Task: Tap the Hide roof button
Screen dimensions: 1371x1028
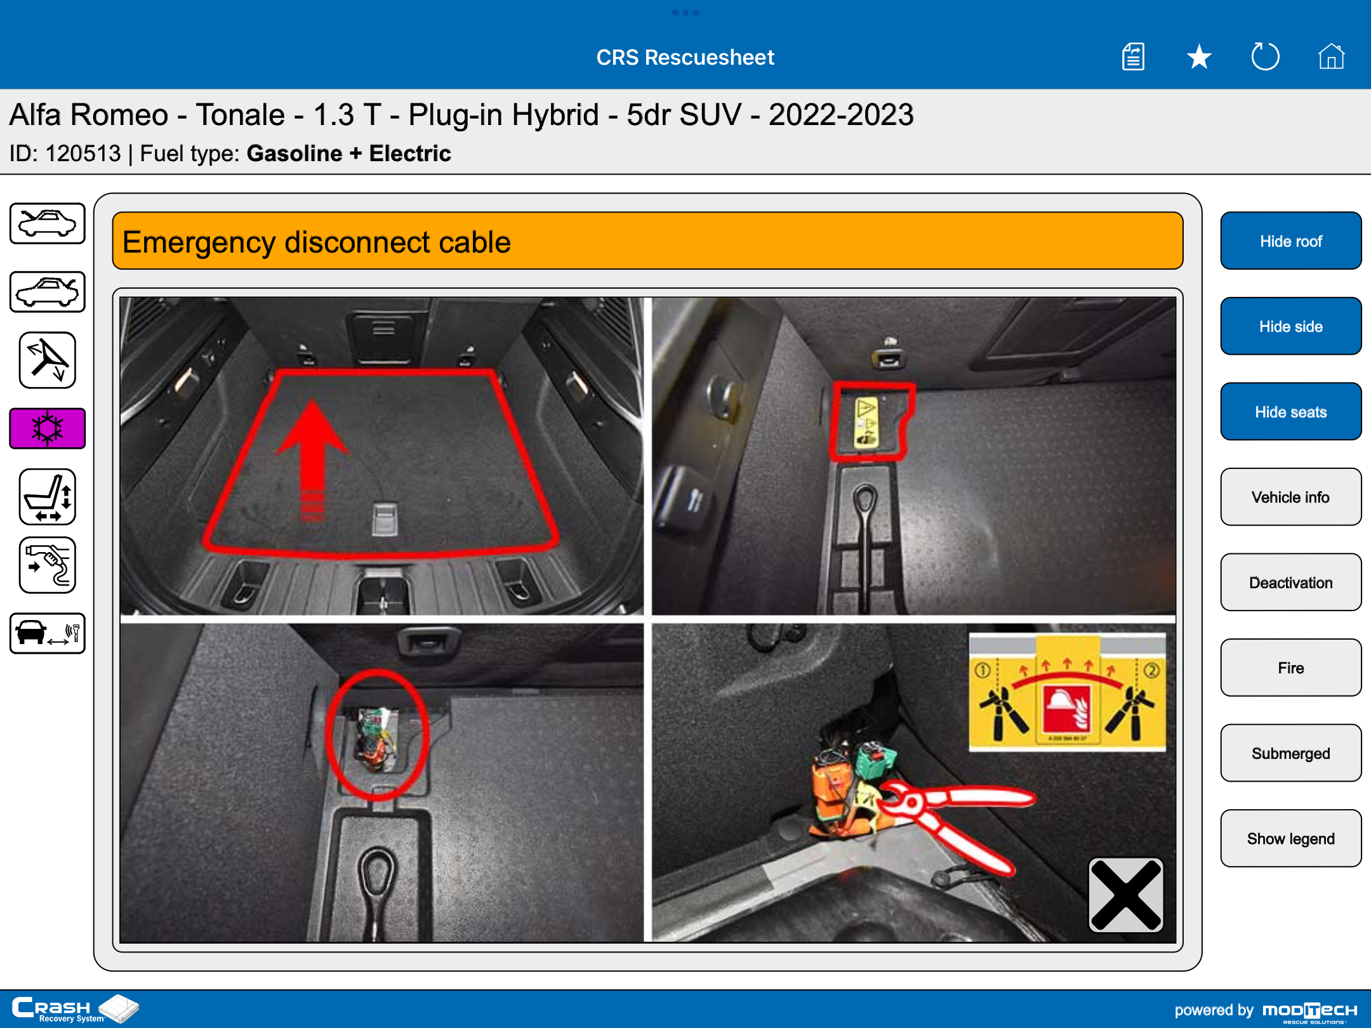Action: tap(1290, 241)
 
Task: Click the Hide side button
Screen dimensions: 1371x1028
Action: tap(1290, 326)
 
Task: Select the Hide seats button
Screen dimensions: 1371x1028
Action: tap(1290, 412)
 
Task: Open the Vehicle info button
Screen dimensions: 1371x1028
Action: tap(1290, 497)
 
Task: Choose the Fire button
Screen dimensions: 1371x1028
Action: tap(1290, 668)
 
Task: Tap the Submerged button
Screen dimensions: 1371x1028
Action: tap(1290, 753)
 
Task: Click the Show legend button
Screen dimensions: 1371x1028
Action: tap(1290, 838)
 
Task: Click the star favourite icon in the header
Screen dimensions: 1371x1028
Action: tap(1199, 57)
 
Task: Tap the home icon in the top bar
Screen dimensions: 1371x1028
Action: tap(1331, 56)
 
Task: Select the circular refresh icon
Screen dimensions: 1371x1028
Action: tap(1265, 56)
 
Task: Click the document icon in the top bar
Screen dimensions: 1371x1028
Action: tap(1133, 56)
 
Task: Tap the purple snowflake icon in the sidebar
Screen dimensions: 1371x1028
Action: tap(48, 428)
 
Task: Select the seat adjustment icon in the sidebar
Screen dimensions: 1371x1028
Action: tap(48, 497)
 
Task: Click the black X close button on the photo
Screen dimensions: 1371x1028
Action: tap(1126, 895)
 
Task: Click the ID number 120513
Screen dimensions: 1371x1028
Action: tap(83, 154)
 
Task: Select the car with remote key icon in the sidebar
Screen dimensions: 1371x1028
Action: tap(48, 633)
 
